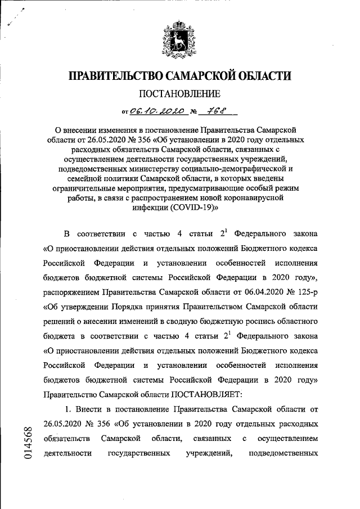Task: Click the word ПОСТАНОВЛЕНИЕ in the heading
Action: pos(180,93)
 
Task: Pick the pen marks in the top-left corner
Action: pos(17,20)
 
